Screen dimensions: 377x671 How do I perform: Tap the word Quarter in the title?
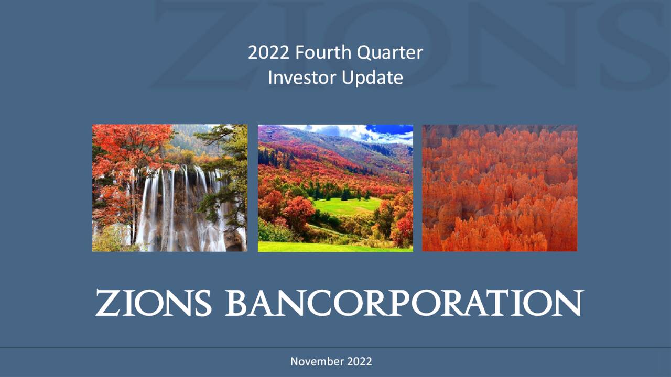pos(390,53)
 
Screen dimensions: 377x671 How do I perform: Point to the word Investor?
pos(302,77)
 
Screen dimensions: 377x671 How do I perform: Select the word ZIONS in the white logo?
pos(153,303)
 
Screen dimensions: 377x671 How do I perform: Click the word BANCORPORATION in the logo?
pos(404,303)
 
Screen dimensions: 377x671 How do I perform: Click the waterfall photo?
pos(169,188)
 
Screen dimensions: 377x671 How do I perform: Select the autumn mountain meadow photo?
pos(335,188)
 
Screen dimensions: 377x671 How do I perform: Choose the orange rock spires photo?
pos(500,188)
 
